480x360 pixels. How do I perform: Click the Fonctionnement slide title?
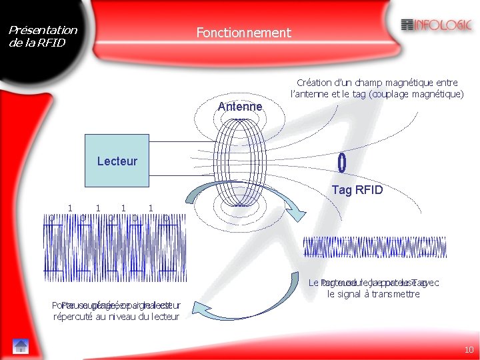[x=243, y=32]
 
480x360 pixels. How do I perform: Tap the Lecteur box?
[x=117, y=161]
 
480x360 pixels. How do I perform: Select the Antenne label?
[x=240, y=107]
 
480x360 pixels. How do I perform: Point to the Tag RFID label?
[x=357, y=190]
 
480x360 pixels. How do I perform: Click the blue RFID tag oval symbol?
[x=341, y=162]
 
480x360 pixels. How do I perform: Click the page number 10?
[x=468, y=350]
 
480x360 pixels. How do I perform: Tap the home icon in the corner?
[x=20, y=345]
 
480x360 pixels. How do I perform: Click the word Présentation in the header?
[x=43, y=30]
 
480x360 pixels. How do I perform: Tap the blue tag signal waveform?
[x=375, y=247]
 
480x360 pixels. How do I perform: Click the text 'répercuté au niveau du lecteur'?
[x=116, y=317]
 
